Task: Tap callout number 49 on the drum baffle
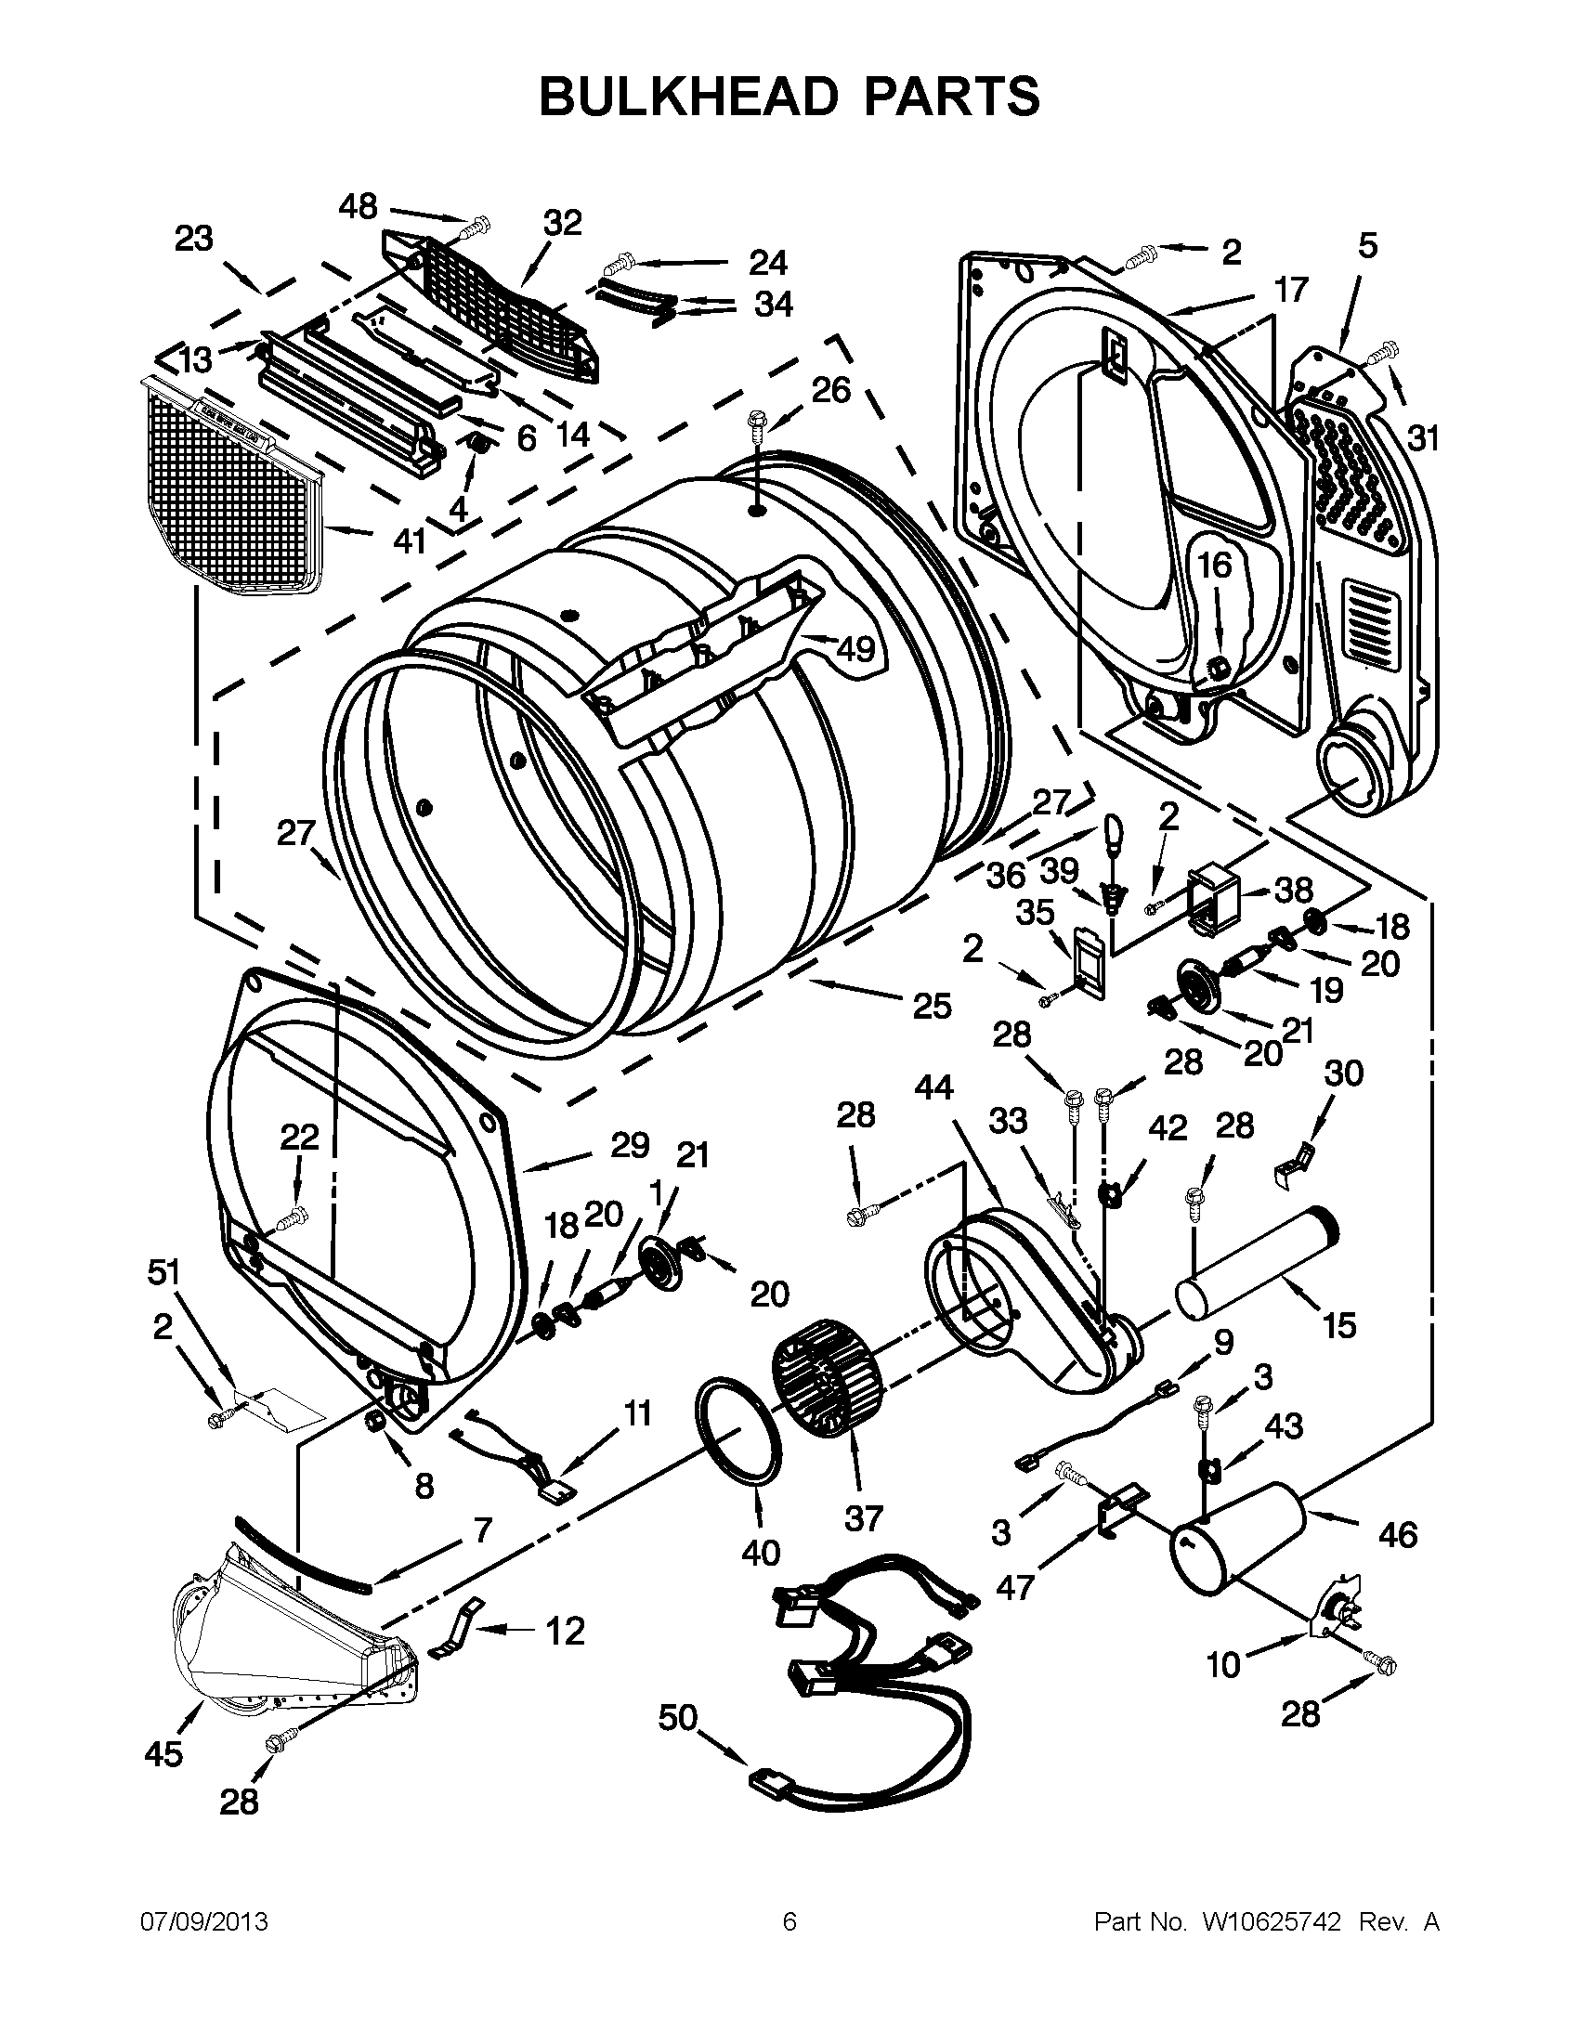tap(855, 648)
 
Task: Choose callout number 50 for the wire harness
tap(679, 1717)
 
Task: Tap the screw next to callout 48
tap(476, 226)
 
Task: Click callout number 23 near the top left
tap(193, 239)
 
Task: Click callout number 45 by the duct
tap(163, 1755)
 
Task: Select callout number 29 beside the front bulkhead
tap(630, 1144)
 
